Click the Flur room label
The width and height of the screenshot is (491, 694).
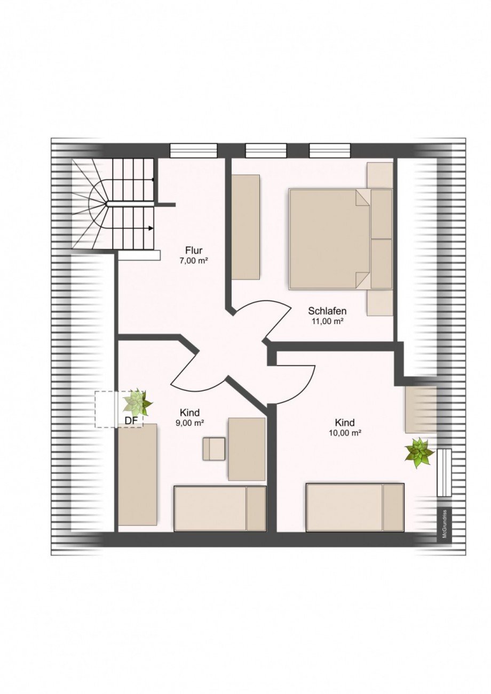[194, 250]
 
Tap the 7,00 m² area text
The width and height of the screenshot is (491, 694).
[194, 261]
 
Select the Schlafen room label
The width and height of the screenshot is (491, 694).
[327, 311]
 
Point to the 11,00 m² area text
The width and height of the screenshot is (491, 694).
[327, 321]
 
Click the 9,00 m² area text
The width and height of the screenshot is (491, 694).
[189, 423]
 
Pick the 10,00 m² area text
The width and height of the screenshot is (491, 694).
[345, 433]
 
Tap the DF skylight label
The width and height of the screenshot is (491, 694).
[131, 421]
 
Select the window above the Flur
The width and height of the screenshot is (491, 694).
[194, 150]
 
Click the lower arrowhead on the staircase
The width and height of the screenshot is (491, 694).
[151, 228]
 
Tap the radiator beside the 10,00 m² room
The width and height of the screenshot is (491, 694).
[444, 472]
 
